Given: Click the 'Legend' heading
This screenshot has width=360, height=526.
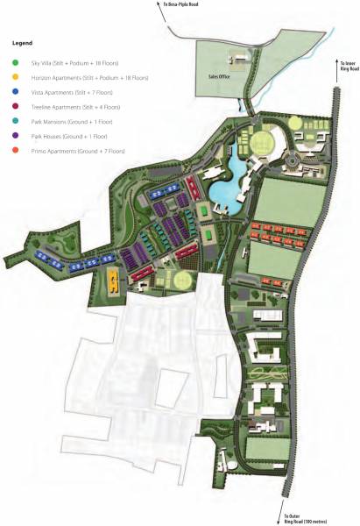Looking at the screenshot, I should (x=21, y=41).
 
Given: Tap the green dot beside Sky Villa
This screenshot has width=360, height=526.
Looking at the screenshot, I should (x=15, y=61).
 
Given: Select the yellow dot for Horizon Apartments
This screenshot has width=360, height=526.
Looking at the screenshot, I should (x=15, y=76).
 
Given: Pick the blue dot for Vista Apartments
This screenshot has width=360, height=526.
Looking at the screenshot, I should (x=15, y=91).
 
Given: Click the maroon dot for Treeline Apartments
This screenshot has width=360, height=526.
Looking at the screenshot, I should (x=15, y=106).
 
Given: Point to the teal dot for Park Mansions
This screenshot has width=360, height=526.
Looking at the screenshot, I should (x=15, y=121).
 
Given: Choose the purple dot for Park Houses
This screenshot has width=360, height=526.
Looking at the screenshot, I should (x=15, y=136).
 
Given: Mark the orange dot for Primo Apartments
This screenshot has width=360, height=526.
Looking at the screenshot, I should (x=15, y=151).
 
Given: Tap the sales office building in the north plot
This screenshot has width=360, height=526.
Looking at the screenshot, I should (x=238, y=60).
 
